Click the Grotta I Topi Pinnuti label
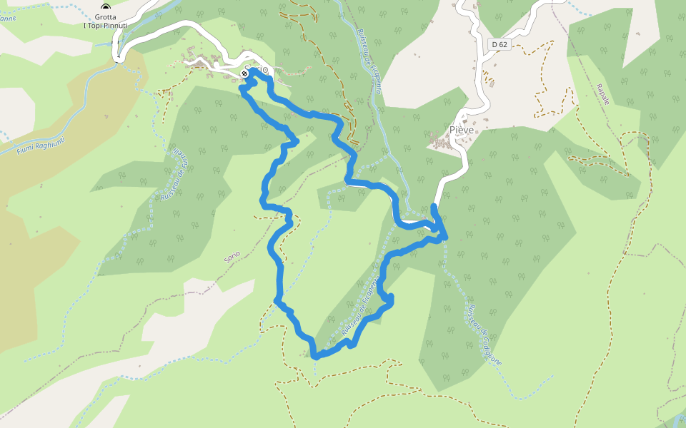click(106, 21)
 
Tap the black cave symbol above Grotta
click(106, 8)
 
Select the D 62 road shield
click(500, 44)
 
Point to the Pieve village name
click(462, 130)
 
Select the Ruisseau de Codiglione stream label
click(484, 335)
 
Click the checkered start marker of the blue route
click(245, 73)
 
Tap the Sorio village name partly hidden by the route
click(257, 70)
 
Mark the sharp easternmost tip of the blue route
click(447, 236)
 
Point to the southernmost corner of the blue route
click(314, 355)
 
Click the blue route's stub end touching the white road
click(434, 207)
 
